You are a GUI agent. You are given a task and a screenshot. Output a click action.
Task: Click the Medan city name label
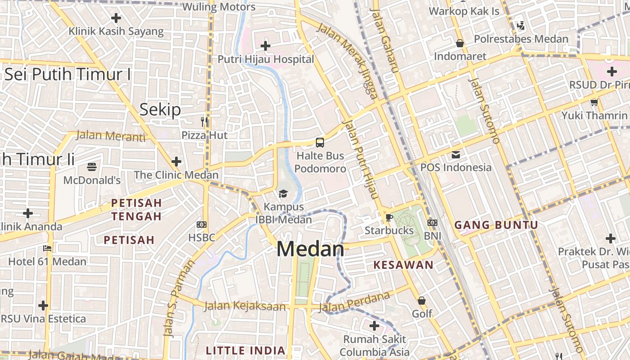pyautogui.click(x=310, y=249)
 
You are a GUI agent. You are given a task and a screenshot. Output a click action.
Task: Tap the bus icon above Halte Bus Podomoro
pyautogui.click(x=319, y=143)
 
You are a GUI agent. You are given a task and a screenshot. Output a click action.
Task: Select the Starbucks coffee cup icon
pyautogui.click(x=389, y=217)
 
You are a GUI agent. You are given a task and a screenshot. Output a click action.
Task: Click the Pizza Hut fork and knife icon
pyautogui.click(x=204, y=121)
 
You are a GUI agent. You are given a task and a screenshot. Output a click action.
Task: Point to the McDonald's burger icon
pyautogui.click(x=92, y=167)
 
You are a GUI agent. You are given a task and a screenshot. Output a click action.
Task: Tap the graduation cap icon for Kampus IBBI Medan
pyautogui.click(x=283, y=193)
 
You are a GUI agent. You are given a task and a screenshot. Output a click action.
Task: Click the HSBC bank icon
pyautogui.click(x=202, y=224)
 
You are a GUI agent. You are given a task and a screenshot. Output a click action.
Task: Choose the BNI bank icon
pyautogui.click(x=432, y=222)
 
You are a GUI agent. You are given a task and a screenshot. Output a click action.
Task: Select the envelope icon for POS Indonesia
pyautogui.click(x=456, y=155)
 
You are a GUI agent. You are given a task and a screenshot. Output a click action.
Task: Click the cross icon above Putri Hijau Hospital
pyautogui.click(x=265, y=45)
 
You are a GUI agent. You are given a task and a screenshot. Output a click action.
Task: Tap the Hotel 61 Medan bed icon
pyautogui.click(x=47, y=248)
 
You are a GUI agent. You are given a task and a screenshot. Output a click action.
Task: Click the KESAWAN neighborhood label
pyautogui.click(x=404, y=265)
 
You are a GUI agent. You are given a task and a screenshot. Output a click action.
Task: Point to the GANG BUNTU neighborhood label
pyautogui.click(x=496, y=225)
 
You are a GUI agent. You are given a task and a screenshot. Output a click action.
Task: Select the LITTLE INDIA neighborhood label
pyautogui.click(x=246, y=350)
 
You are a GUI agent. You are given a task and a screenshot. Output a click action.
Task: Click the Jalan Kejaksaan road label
pyautogui.click(x=245, y=306)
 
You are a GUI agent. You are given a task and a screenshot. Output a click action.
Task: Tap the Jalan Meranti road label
pyautogui.click(x=111, y=135)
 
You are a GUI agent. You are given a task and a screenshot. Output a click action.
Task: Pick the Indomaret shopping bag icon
pyautogui.click(x=460, y=43)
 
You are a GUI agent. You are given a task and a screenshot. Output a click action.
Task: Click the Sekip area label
pyautogui.click(x=160, y=109)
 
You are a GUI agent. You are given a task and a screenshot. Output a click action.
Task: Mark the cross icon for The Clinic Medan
pyautogui.click(x=176, y=161)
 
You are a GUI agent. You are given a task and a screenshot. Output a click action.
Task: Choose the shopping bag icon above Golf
pyautogui.click(x=422, y=300)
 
